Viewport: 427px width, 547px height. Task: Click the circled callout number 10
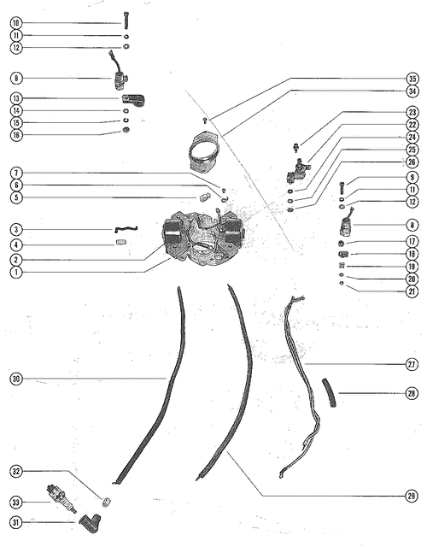(16, 23)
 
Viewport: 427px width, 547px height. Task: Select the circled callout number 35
(412, 79)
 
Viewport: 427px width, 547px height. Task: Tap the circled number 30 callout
(16, 379)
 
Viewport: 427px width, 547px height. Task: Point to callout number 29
(412, 496)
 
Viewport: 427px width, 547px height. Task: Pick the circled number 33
(16, 503)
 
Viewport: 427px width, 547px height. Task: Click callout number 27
(412, 364)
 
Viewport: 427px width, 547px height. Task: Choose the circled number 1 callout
(16, 272)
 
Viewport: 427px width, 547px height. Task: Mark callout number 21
(412, 291)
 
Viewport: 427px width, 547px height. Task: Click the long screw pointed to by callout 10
(126, 21)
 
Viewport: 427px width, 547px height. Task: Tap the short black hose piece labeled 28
(329, 393)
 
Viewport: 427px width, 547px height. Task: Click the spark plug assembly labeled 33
(61, 497)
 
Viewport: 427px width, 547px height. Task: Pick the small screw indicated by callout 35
(205, 121)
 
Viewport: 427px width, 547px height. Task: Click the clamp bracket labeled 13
(133, 100)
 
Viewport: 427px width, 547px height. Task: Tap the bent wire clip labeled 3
(126, 228)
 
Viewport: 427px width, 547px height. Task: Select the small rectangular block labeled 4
(121, 242)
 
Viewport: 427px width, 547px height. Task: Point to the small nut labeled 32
(106, 502)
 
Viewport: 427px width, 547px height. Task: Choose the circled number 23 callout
(412, 112)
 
